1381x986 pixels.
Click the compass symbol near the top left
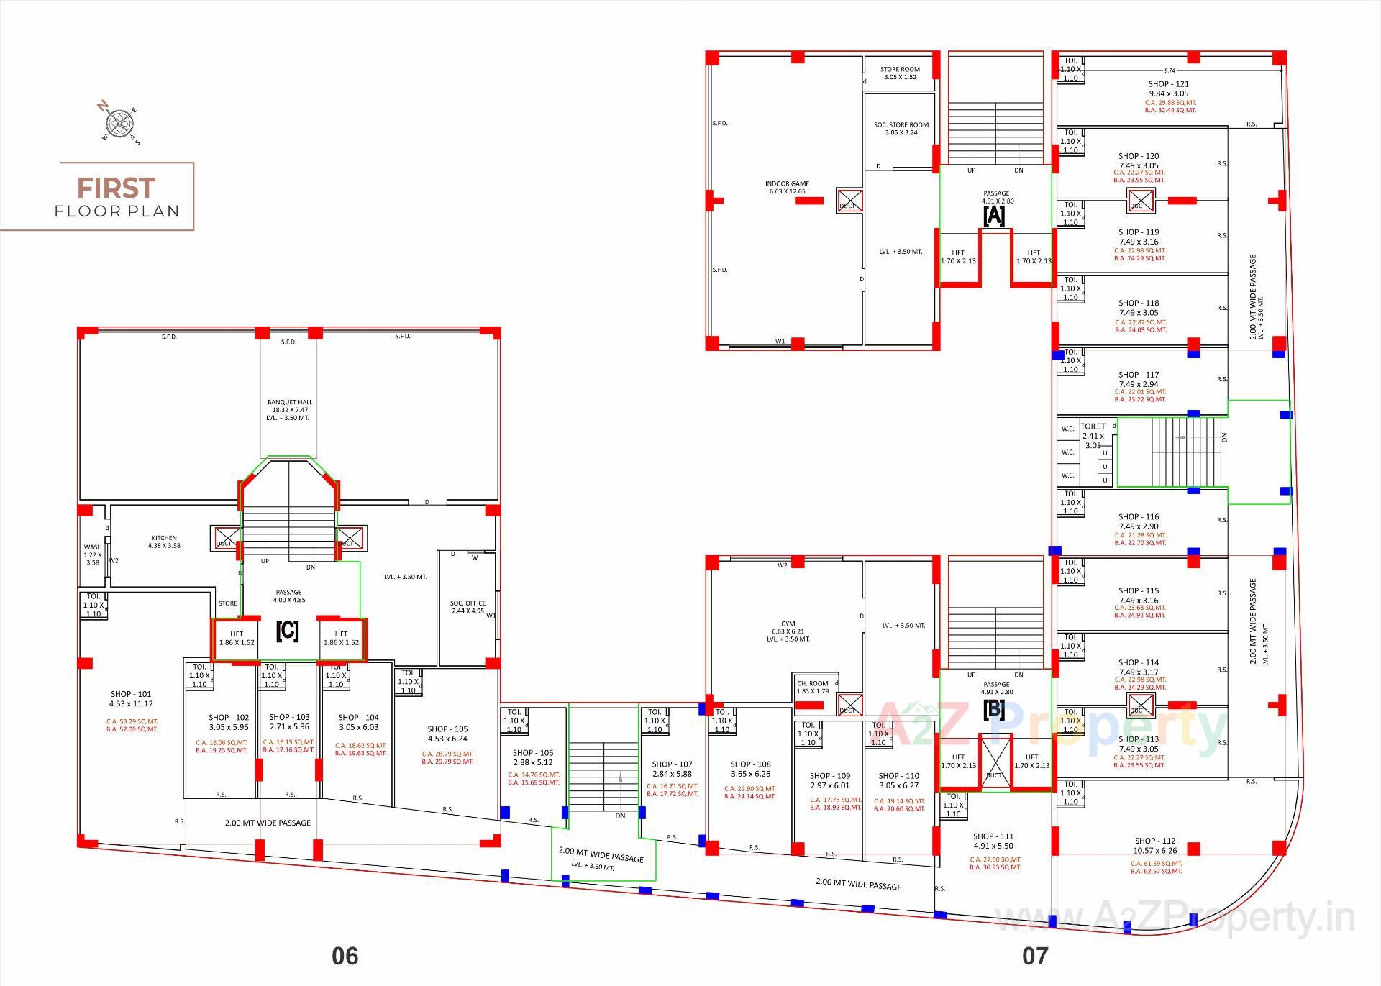click(x=120, y=123)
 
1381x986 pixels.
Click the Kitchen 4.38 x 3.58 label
click(x=164, y=542)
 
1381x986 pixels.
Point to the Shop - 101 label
click(x=131, y=699)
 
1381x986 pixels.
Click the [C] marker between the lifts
click(x=287, y=631)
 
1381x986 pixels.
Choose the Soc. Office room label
click(x=468, y=607)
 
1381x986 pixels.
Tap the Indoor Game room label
click(x=787, y=187)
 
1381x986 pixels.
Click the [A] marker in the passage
click(x=994, y=215)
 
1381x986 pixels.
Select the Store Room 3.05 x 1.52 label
click(x=900, y=73)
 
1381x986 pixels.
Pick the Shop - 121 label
click(x=1169, y=88)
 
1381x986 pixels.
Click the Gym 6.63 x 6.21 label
click(x=788, y=631)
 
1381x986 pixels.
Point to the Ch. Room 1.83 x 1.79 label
click(x=813, y=687)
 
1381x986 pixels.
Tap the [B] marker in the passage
click(x=994, y=709)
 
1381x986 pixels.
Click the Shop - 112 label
click(x=1155, y=845)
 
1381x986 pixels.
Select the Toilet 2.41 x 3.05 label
click(x=1093, y=435)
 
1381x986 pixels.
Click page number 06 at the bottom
click(x=345, y=955)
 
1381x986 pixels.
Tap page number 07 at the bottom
click(x=1034, y=955)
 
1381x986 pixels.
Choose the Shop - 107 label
click(x=672, y=769)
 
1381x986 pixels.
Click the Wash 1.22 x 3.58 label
click(x=93, y=554)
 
